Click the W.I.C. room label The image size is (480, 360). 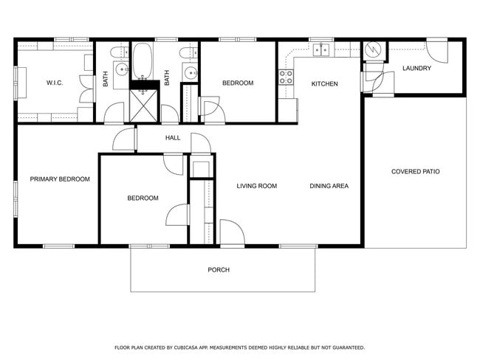(x=54, y=83)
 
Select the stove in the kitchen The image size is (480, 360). (x=285, y=77)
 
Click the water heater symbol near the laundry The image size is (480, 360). (x=374, y=51)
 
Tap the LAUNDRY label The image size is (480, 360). (x=416, y=69)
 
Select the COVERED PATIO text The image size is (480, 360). (x=415, y=172)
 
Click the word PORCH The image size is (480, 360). (x=218, y=270)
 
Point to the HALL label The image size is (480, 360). (x=173, y=138)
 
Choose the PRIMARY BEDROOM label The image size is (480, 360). (x=60, y=179)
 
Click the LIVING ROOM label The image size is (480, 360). (x=256, y=186)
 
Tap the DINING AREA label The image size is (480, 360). (x=329, y=186)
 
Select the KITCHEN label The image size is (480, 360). (x=324, y=84)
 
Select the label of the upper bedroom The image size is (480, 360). (x=238, y=83)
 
